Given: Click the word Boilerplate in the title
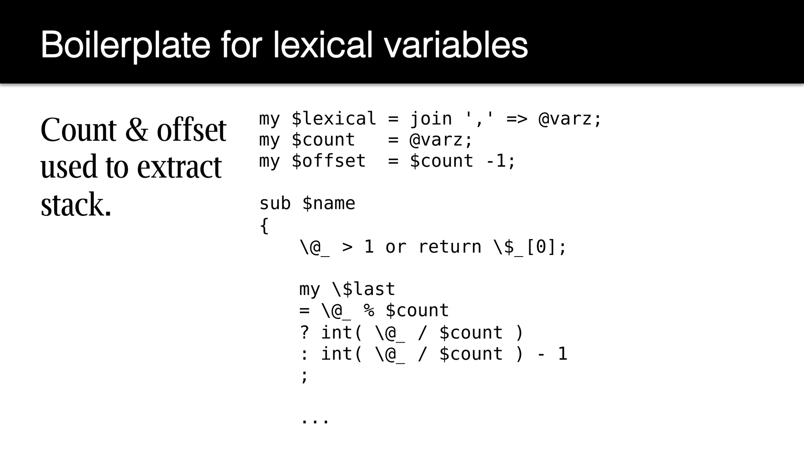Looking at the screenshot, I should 126,45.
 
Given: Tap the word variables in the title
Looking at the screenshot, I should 455,45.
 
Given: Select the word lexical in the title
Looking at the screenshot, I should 322,45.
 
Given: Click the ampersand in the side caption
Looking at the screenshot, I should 137,130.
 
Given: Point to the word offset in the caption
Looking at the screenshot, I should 192,130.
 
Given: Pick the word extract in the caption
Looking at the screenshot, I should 179,167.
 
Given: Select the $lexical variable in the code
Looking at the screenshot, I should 334,119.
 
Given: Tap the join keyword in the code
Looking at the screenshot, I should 431,119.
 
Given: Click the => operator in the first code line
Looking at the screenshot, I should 517,119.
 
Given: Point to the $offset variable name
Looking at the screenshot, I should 329,161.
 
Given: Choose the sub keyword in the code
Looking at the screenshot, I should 275,204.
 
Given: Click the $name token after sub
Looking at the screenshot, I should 329,204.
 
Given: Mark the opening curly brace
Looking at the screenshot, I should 264,226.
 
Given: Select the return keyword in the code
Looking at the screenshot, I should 450,247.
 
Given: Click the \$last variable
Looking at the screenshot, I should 364,290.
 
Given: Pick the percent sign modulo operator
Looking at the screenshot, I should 369,311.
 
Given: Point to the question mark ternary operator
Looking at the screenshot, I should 304,333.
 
